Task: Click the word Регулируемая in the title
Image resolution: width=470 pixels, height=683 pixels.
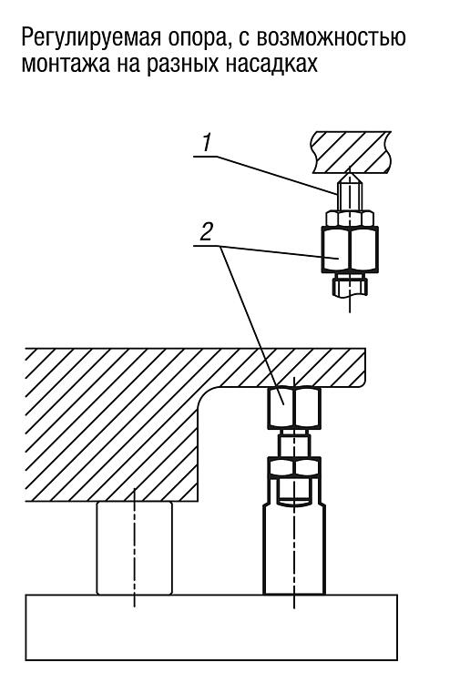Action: pos(89,38)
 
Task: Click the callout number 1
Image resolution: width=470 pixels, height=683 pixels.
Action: pos(206,142)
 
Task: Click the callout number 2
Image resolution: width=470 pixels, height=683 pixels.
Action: pos(206,232)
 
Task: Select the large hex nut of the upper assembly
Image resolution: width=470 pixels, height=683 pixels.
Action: pos(350,250)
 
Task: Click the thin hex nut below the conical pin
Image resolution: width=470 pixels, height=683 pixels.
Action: pos(350,219)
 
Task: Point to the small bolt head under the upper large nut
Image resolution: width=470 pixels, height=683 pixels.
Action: pos(350,285)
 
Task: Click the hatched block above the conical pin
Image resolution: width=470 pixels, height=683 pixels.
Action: pos(351,150)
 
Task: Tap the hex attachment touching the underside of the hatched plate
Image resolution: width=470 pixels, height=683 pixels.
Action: pos(294,407)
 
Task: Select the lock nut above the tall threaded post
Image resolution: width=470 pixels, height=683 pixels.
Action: pos(294,467)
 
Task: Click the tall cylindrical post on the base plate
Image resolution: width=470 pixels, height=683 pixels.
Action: pos(294,549)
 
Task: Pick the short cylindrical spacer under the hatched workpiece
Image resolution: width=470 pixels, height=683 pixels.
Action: pos(134,547)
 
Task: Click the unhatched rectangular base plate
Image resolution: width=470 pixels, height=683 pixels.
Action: pos(211,627)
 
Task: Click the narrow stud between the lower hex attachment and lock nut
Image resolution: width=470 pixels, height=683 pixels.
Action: pos(294,443)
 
